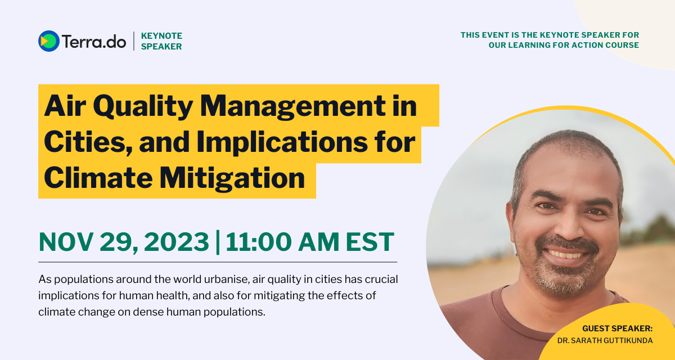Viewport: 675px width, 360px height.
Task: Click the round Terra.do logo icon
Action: (x=49, y=41)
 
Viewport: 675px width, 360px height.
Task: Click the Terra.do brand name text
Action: (x=94, y=41)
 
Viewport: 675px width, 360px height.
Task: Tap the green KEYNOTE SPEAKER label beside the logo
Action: (x=161, y=41)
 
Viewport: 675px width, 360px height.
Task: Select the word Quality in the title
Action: (x=143, y=106)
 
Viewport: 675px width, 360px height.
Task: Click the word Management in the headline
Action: (x=292, y=106)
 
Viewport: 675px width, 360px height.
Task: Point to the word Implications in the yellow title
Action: (x=282, y=142)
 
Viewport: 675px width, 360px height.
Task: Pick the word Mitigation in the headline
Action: (x=232, y=178)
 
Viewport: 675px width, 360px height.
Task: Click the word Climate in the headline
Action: (x=98, y=178)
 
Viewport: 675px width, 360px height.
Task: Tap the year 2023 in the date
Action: (x=176, y=242)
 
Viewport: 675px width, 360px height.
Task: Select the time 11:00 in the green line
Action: (x=259, y=242)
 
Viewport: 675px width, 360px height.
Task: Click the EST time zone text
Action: (x=370, y=242)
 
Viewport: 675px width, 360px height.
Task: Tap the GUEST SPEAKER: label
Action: (x=618, y=328)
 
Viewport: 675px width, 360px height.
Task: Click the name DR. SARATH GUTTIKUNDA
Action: (x=605, y=340)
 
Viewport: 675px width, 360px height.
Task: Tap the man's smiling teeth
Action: (x=566, y=255)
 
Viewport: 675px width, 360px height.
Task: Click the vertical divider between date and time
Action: (x=218, y=242)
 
